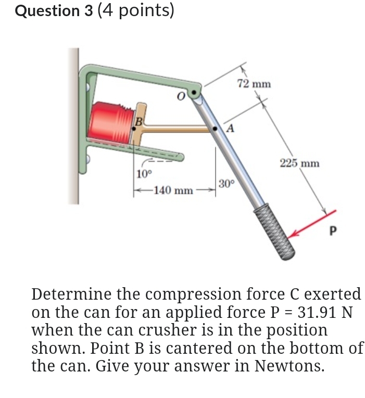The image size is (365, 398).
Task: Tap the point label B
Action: point(139,121)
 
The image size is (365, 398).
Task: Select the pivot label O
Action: point(180,97)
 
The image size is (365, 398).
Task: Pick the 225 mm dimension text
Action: point(299,163)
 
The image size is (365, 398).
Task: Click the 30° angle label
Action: point(227,184)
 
